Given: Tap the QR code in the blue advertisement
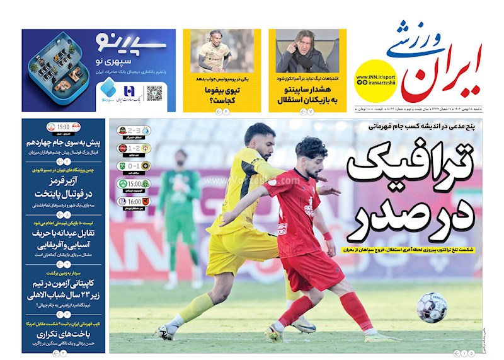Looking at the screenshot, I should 155,93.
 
